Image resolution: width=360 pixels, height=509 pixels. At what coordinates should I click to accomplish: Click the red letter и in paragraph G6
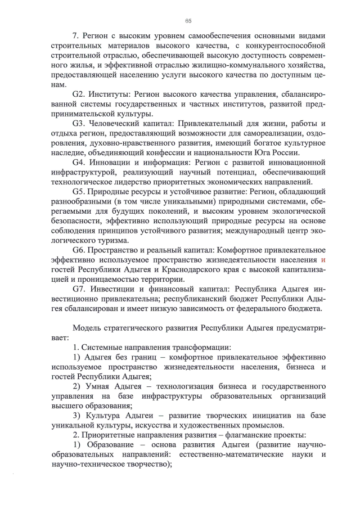tap(323, 260)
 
